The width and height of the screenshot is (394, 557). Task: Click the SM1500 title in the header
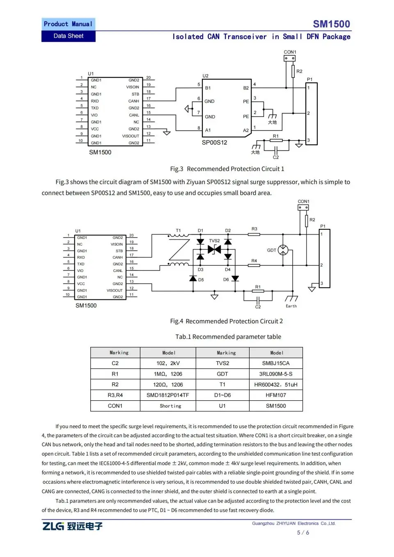(x=331, y=24)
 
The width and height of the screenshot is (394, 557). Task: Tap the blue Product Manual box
(x=68, y=24)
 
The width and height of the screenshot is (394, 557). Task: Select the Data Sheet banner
(x=68, y=36)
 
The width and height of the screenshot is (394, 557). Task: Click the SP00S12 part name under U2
(x=214, y=143)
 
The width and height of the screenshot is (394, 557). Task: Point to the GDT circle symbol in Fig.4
(x=283, y=250)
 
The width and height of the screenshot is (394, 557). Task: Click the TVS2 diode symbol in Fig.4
(x=214, y=249)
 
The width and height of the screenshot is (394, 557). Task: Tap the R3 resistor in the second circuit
(x=254, y=234)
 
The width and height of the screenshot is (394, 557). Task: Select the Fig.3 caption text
(x=227, y=169)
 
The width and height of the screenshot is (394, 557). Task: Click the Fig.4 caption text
(x=226, y=322)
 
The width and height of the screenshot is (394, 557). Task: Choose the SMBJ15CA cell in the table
(x=276, y=363)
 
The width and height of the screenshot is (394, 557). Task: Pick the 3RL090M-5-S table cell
(x=276, y=374)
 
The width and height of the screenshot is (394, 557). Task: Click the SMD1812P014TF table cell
(x=168, y=395)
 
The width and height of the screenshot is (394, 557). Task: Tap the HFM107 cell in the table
(x=276, y=395)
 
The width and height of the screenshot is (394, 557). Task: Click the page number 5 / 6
(x=303, y=533)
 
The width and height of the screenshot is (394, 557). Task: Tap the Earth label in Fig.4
(x=291, y=306)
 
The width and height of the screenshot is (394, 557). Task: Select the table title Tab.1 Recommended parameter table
(x=228, y=337)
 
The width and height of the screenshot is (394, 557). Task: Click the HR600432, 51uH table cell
(x=276, y=385)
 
